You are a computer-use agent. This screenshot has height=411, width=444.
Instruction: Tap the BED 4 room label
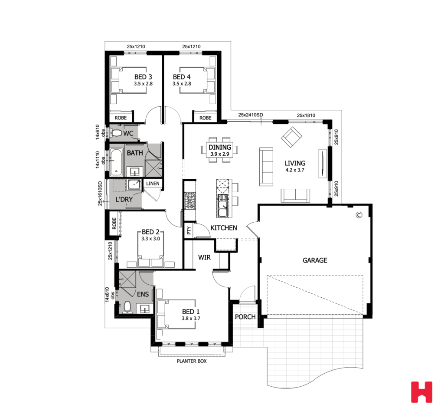(x=181, y=77)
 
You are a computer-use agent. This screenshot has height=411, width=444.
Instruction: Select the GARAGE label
(x=315, y=260)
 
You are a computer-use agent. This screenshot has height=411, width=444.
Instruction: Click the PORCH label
(x=245, y=317)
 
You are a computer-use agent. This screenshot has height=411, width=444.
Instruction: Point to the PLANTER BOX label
(x=191, y=361)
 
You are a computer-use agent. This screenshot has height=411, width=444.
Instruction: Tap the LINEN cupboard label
(x=153, y=184)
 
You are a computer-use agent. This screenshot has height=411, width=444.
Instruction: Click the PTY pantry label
(x=189, y=231)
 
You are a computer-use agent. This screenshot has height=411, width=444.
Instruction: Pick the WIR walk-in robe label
(x=205, y=257)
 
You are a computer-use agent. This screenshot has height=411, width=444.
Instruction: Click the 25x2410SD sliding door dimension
(x=251, y=115)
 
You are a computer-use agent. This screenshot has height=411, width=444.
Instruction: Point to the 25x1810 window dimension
(x=306, y=115)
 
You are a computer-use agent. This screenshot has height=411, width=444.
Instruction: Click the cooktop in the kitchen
(x=190, y=201)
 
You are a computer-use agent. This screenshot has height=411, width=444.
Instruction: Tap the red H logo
(x=421, y=392)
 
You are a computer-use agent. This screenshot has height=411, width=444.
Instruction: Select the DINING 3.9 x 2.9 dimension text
(x=220, y=154)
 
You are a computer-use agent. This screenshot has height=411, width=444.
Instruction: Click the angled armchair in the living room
(x=291, y=137)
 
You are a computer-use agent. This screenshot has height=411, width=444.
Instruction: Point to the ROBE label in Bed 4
(x=205, y=118)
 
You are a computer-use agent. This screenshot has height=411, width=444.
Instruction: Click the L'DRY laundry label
(x=124, y=200)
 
